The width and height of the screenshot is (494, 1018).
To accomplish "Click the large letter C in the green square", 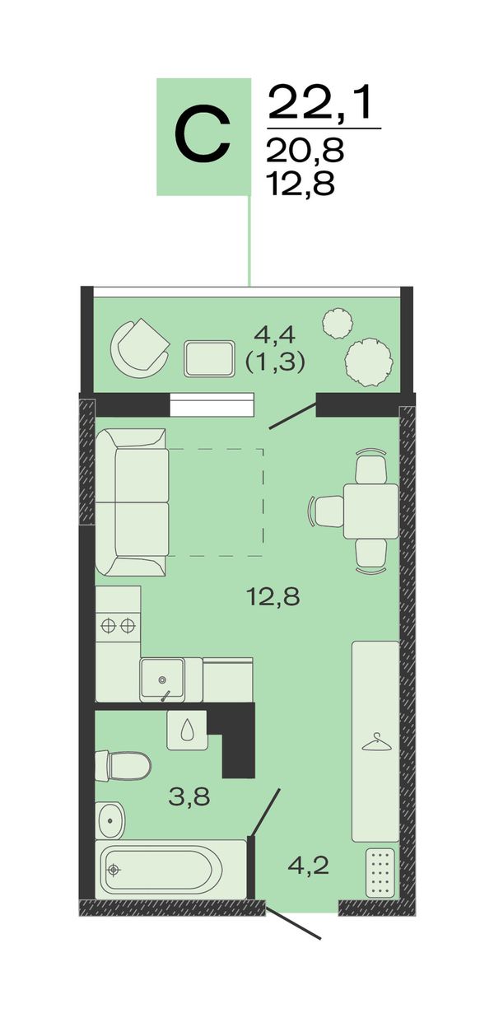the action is pyautogui.click(x=203, y=135).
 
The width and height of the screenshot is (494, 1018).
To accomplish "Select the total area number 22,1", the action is pyautogui.click(x=324, y=104).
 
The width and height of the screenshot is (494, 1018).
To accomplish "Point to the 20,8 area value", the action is pyautogui.click(x=305, y=151).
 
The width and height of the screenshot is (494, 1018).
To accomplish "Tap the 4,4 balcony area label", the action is pyautogui.click(x=274, y=335).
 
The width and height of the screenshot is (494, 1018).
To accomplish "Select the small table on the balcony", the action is pyautogui.click(x=209, y=358).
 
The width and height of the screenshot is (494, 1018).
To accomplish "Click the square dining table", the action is pyautogui.click(x=370, y=511).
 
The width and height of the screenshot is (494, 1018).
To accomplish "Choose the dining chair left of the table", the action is pyautogui.click(x=325, y=511).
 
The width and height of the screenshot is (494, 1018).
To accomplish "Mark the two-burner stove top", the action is pyautogui.click(x=119, y=626).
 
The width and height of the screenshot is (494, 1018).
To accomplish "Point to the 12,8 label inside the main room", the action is pyautogui.click(x=273, y=596).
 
